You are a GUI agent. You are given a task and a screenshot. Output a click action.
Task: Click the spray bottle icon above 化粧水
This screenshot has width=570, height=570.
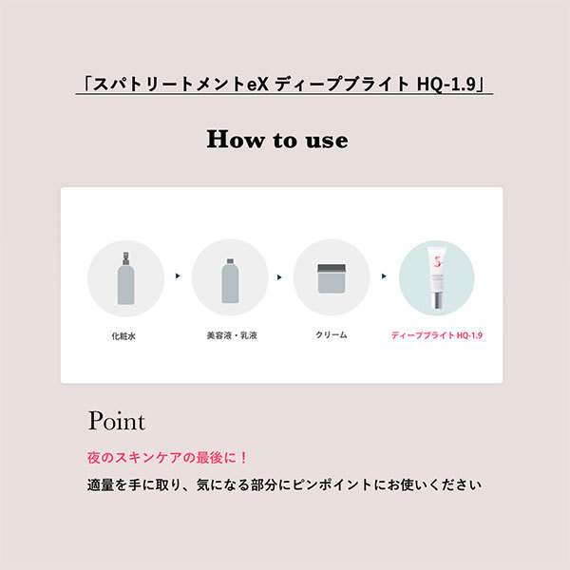(x=125, y=277)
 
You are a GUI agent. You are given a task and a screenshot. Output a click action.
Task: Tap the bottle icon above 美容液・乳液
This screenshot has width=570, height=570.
(x=230, y=280)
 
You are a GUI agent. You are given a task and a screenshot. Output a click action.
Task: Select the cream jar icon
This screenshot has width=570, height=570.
(x=332, y=278)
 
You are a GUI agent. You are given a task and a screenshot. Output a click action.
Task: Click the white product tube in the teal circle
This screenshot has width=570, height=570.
(x=437, y=277)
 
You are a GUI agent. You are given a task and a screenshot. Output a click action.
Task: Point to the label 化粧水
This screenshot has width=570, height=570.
(x=123, y=336)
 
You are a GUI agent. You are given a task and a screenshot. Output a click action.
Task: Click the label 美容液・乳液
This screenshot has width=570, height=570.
(x=232, y=335)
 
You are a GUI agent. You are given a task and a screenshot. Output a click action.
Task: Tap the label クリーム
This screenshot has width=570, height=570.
(x=332, y=334)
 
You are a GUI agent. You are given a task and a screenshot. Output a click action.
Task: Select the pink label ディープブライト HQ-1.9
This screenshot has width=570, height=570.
(x=437, y=335)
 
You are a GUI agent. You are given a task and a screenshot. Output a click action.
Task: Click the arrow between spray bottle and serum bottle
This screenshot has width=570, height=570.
(x=178, y=275)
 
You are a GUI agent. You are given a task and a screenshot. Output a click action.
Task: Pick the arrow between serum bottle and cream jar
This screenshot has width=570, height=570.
(x=279, y=277)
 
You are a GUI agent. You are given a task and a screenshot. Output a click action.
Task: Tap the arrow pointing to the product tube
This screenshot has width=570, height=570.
(x=384, y=276)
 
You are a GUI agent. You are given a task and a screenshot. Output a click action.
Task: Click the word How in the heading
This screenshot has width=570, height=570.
(x=236, y=140)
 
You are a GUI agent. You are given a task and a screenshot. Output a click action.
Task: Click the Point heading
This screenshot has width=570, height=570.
(x=117, y=421)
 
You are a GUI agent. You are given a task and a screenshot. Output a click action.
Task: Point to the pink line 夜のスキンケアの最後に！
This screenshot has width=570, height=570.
(x=167, y=457)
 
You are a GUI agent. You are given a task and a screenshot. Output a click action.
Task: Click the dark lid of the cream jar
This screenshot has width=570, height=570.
(x=332, y=268)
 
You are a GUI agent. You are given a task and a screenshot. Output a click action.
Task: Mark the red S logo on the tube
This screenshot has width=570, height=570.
(x=438, y=261)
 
